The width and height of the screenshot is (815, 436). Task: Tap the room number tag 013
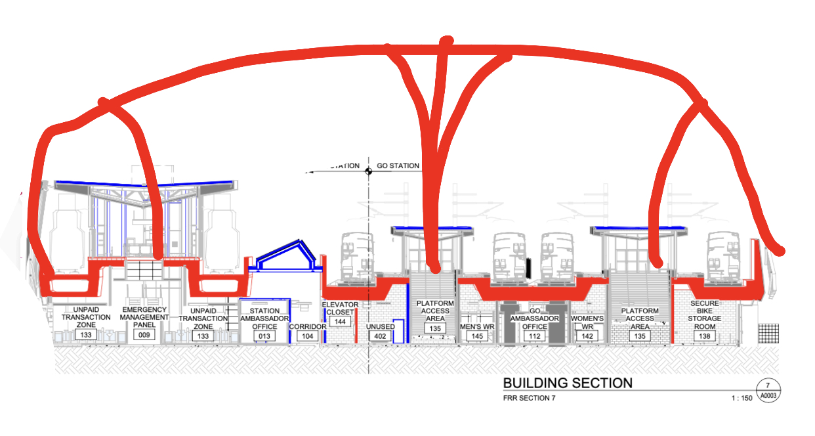point(264,336)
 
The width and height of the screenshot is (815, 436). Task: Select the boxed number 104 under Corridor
point(307,336)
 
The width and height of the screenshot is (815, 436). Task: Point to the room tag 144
point(340,322)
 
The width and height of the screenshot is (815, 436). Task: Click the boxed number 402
point(381,336)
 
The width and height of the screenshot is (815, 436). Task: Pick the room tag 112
point(535,336)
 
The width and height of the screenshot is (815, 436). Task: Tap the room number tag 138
point(705,336)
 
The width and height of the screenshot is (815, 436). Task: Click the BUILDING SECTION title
point(568,383)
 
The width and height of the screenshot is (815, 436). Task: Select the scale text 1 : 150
point(742,398)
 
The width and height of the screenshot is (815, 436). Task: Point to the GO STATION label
point(398,166)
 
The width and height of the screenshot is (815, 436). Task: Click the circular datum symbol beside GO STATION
point(369,169)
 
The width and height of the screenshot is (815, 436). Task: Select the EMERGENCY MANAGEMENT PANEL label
point(144,316)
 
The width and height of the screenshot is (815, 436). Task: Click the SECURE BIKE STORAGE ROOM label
point(705,314)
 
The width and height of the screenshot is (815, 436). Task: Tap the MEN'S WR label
point(477,326)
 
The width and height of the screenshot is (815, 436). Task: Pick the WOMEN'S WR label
point(587,322)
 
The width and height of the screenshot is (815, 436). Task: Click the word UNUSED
point(381,326)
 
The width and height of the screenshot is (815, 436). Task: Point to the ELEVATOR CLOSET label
point(340,309)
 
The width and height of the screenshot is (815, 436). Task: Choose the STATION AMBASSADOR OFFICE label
point(264,318)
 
